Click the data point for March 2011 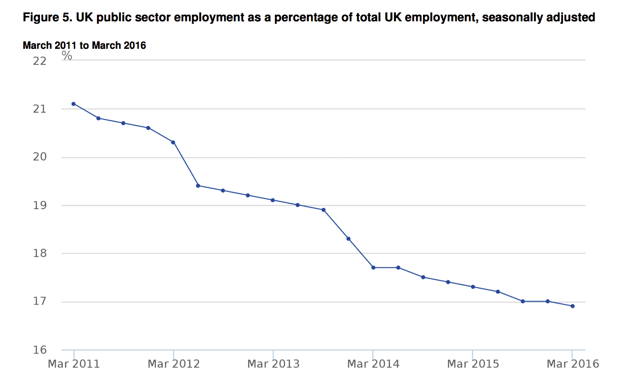(74, 104)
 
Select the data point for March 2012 (173, 142)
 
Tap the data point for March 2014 (373, 268)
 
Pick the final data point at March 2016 (572, 306)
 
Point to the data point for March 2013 (273, 200)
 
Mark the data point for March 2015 (473, 287)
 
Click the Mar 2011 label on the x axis (74, 364)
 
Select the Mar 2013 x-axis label (273, 364)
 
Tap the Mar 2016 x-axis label (572, 364)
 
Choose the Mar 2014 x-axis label (373, 364)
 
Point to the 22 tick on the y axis (40, 61)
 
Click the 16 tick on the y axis (40, 350)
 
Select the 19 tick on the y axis (40, 206)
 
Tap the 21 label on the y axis (40, 109)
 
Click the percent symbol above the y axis (67, 55)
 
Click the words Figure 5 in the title (47, 18)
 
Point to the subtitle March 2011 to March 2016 (85, 45)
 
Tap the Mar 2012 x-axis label (173, 364)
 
